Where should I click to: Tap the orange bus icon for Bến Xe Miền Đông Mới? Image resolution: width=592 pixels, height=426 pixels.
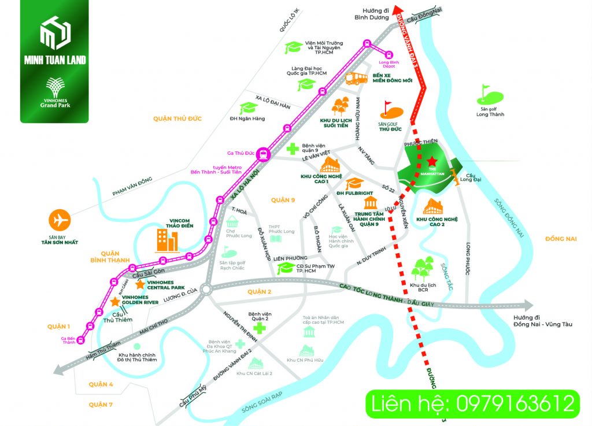coord(357,78)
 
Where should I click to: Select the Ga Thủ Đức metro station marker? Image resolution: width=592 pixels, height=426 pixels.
coord(264,154)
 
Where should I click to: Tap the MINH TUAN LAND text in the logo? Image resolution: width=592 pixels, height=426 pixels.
coord(54,60)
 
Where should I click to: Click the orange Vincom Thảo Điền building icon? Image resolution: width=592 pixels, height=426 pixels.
coord(166,240)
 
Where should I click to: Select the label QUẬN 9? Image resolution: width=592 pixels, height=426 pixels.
coord(283,200)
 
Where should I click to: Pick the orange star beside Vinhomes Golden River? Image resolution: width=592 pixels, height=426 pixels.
coord(115,302)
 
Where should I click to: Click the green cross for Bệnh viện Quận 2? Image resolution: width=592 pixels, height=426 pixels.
coord(260,329)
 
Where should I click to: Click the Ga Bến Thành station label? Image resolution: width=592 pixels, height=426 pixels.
coord(68,340)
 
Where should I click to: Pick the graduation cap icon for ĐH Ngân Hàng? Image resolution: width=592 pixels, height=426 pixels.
coord(248,108)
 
